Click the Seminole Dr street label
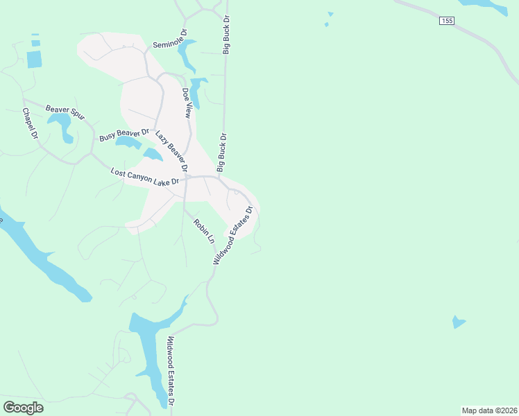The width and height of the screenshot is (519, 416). pyautogui.click(x=171, y=40)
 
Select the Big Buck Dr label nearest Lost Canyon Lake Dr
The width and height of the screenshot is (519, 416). pyautogui.click(x=222, y=152)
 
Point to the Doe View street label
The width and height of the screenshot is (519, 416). pyautogui.click(x=186, y=103)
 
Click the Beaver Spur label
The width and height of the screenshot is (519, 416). pyautogui.click(x=65, y=112)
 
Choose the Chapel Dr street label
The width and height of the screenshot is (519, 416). pyautogui.click(x=30, y=123)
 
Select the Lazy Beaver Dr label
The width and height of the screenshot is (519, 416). pyautogui.click(x=171, y=151)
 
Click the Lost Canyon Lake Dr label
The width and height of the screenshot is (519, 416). pyautogui.click(x=145, y=176)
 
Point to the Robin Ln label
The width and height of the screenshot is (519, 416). pyautogui.click(x=204, y=231)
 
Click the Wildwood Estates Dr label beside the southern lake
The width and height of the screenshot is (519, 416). pyautogui.click(x=170, y=372)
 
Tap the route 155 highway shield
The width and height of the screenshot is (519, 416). pyautogui.click(x=447, y=21)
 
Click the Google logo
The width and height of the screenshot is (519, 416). pyautogui.click(x=23, y=408)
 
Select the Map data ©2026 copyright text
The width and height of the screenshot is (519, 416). pyautogui.click(x=489, y=410)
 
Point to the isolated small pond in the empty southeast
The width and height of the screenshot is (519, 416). pyautogui.click(x=458, y=322)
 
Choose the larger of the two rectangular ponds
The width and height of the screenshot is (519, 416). pyautogui.click(x=35, y=59)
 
